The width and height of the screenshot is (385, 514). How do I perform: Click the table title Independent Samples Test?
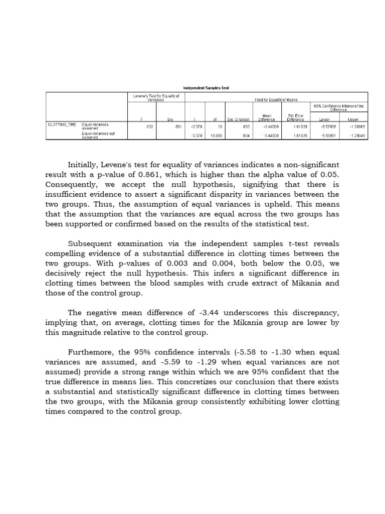pyautogui.click(x=206, y=87)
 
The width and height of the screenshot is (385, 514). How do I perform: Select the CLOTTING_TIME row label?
pyautogui.click(x=62, y=124)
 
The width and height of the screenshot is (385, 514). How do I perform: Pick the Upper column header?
pyautogui.click(x=353, y=119)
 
